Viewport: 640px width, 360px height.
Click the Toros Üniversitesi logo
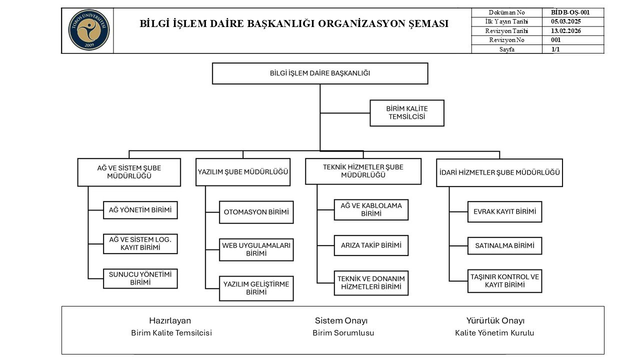88,30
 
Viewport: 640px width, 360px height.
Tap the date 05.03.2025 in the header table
565,21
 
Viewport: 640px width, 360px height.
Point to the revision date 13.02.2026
565,30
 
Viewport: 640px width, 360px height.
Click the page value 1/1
555,49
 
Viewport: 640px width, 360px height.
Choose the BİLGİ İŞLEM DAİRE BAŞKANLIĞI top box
320,73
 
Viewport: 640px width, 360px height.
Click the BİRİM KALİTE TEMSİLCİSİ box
406,112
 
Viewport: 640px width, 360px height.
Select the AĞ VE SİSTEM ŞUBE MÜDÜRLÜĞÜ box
129,172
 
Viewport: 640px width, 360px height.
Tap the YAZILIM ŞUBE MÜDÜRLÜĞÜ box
243,172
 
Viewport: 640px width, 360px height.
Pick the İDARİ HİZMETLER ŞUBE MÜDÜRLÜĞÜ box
499,172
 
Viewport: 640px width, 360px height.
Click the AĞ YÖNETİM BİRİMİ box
140,210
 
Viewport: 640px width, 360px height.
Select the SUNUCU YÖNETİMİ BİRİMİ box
140,278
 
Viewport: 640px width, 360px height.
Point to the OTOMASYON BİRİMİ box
256,212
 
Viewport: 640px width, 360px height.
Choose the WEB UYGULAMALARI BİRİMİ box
256,249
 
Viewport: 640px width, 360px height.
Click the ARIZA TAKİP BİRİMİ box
371,245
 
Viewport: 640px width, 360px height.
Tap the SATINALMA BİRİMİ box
504,246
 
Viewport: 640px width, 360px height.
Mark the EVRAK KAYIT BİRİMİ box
504,212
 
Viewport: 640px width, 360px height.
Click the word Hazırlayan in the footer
170,321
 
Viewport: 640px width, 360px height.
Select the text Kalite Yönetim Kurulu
494,333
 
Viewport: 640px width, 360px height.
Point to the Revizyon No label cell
506,40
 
